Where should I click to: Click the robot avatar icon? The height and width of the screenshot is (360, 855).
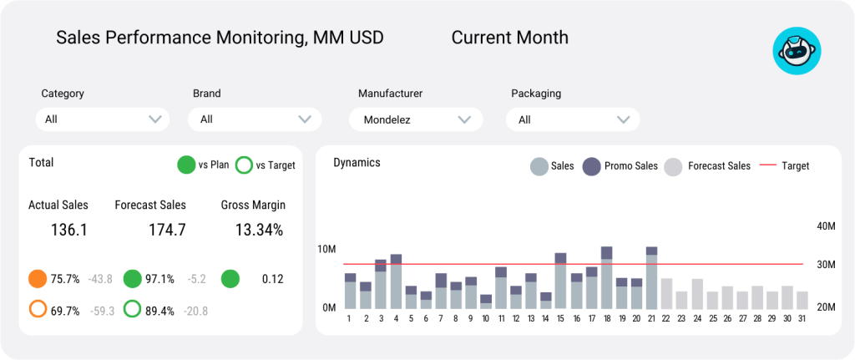(x=797, y=51)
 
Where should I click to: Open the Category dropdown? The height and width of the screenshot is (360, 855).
(x=102, y=119)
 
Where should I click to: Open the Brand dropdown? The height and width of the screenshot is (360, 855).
(x=255, y=119)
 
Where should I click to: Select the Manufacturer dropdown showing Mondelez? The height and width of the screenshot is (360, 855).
(x=415, y=119)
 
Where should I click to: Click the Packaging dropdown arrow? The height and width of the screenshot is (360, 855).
(x=622, y=119)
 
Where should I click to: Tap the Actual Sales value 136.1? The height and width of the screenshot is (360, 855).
(x=69, y=230)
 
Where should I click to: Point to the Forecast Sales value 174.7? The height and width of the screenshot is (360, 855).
(x=167, y=230)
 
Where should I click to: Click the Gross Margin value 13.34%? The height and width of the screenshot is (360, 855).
(x=258, y=230)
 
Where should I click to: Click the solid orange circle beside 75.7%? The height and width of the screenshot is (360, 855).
(x=38, y=279)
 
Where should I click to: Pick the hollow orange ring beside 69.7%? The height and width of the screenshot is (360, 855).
(x=38, y=310)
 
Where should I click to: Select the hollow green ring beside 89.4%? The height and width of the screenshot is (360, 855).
(x=132, y=310)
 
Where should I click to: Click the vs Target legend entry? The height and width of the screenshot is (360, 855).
(x=266, y=165)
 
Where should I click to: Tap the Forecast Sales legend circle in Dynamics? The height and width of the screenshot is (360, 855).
(x=673, y=166)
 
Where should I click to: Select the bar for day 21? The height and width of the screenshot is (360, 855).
(x=651, y=278)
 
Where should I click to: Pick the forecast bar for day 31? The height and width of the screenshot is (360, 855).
(x=802, y=300)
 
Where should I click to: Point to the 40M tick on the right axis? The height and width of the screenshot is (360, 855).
(x=826, y=226)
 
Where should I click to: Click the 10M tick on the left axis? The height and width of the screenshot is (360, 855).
(x=326, y=250)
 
